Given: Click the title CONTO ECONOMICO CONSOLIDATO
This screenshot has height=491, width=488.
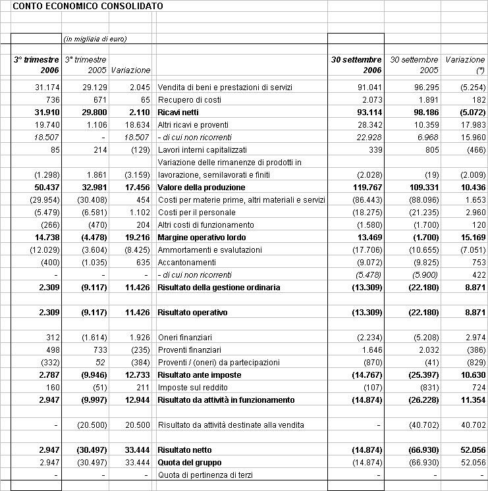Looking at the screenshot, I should coord(89,6).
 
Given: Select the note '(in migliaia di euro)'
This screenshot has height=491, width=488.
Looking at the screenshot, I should coord(95,39).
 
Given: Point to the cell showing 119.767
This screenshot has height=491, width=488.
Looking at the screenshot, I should coord(366,188).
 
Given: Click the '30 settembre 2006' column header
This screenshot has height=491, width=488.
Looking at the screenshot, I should coord(356,65).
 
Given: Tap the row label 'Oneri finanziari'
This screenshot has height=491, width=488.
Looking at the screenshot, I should coord(185,337).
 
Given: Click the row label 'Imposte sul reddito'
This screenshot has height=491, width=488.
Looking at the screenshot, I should coord(191,387).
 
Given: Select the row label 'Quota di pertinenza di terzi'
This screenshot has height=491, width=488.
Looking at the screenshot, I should coord(205,475).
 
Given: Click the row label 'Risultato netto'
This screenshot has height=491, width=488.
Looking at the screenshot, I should coord(185,450).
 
